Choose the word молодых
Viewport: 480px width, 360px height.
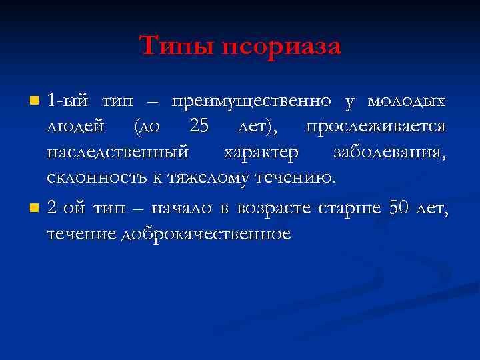[407, 101]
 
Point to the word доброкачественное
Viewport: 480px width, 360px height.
[206, 234]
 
